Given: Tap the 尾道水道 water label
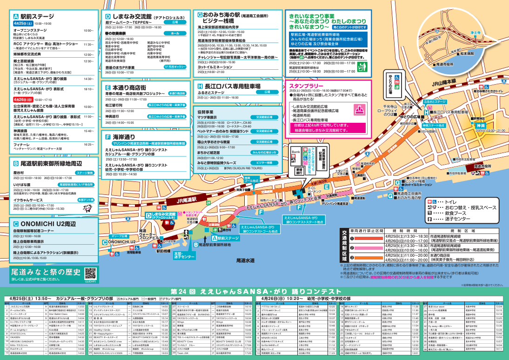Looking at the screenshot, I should click(245, 260).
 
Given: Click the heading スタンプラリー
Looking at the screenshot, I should click(306, 87).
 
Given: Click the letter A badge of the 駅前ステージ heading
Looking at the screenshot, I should click(16, 15).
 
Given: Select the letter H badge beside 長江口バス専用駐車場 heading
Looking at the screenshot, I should click(200, 86).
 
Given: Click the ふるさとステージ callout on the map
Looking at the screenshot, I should click(438, 101).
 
